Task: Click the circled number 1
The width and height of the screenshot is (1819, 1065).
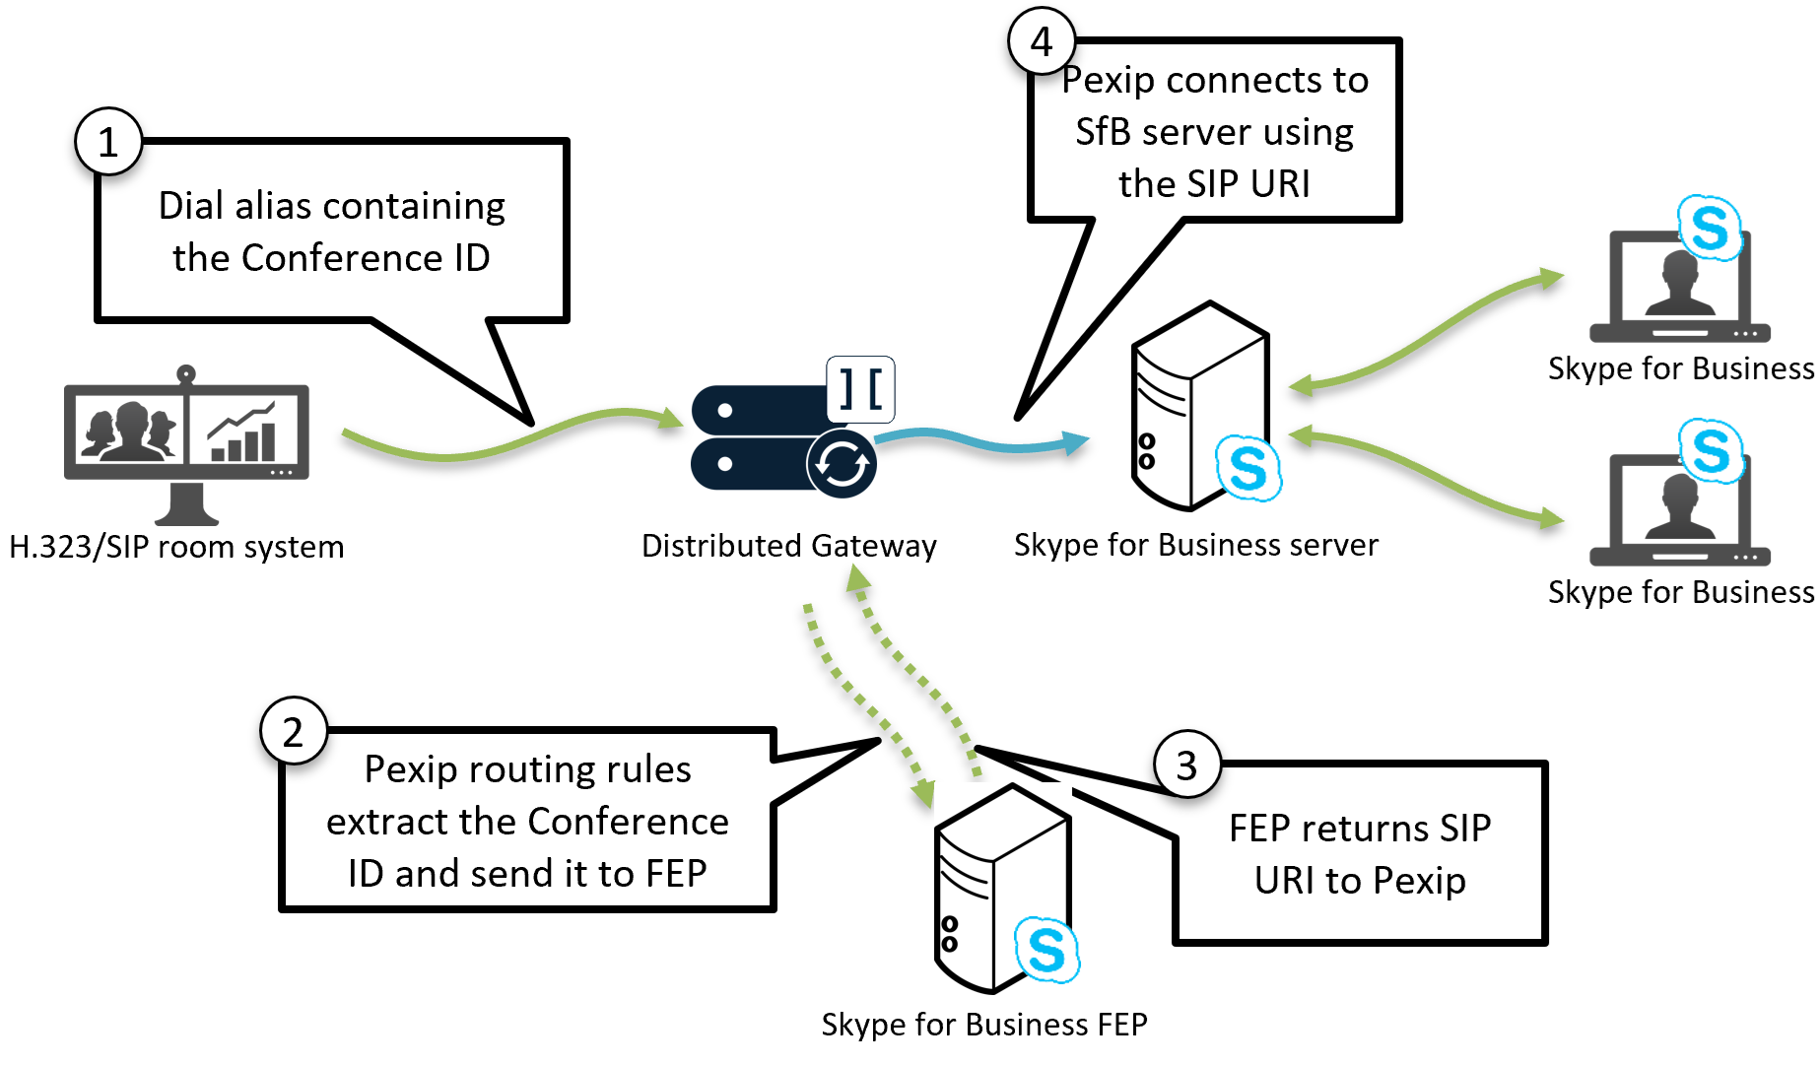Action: click(108, 142)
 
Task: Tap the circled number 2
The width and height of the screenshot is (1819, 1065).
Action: click(293, 731)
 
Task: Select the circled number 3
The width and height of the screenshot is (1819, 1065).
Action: click(1187, 765)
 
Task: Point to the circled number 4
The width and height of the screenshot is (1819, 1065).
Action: click(1042, 41)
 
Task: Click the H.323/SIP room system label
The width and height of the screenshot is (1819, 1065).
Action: click(176, 547)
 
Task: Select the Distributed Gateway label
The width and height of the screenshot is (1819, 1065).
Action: click(788, 546)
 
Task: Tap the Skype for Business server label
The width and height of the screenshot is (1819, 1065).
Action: click(1195, 545)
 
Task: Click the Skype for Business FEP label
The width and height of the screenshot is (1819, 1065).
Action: click(983, 1025)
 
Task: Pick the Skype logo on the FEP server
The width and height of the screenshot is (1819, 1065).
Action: click(1046, 950)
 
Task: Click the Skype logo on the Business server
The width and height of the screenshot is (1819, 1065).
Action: click(1248, 468)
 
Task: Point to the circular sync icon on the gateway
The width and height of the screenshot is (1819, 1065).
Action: click(842, 463)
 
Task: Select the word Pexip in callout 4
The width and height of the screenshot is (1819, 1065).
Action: click(1109, 81)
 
